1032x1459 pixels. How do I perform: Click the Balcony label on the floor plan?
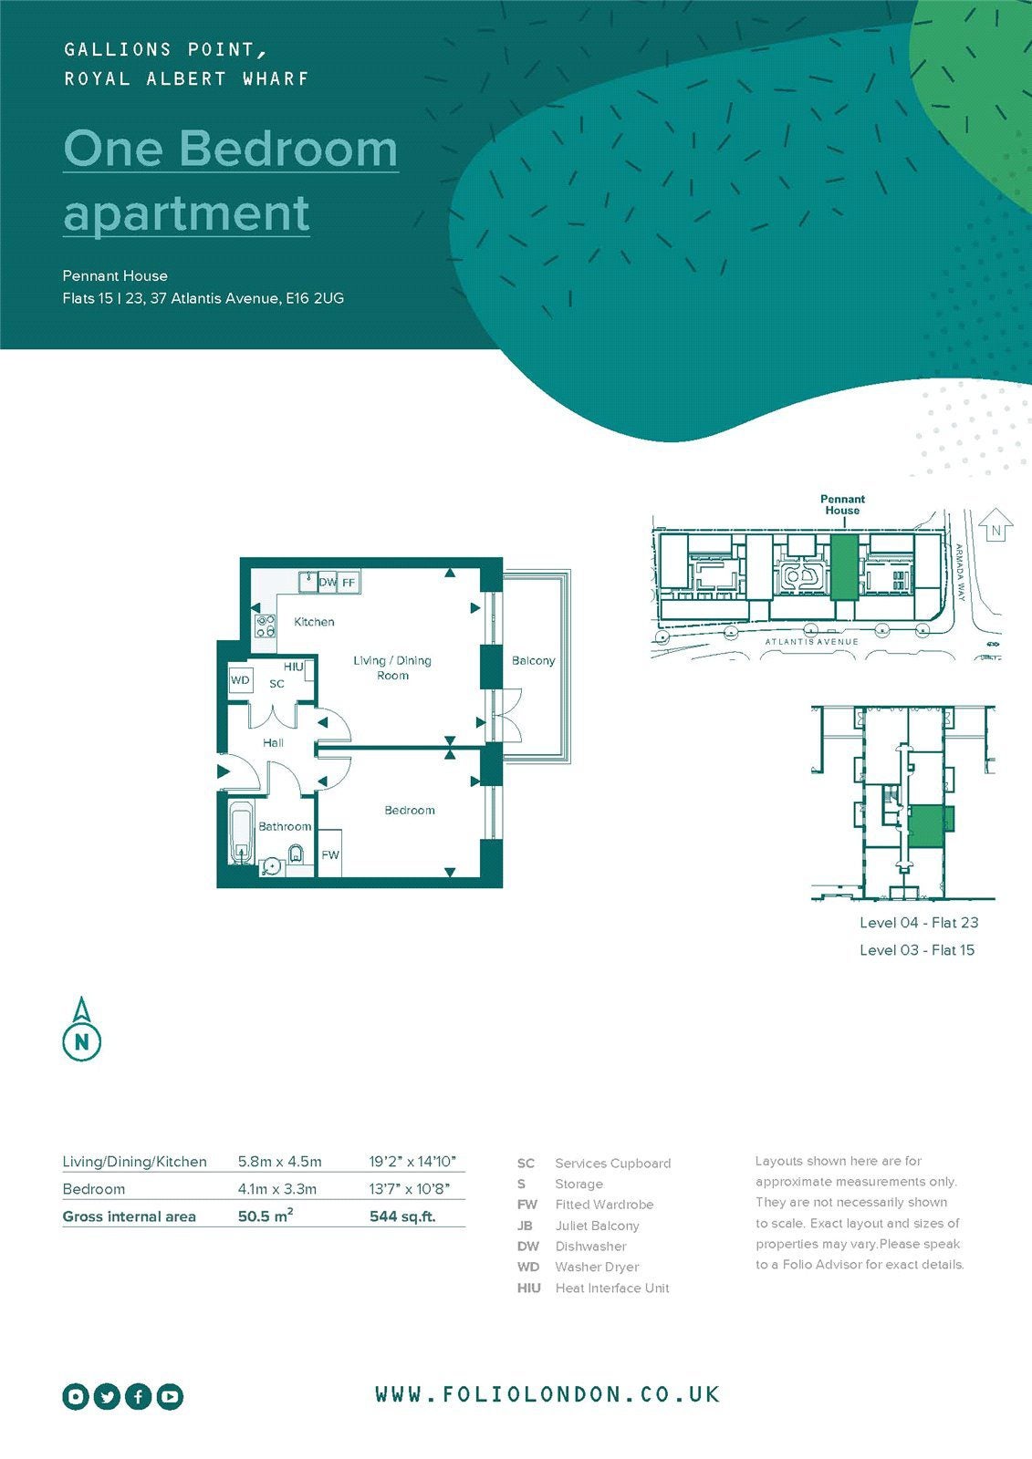click(533, 660)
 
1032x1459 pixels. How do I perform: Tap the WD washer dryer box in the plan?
click(240, 680)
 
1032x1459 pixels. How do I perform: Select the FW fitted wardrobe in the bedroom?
click(330, 854)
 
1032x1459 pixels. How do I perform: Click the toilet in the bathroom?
click(296, 854)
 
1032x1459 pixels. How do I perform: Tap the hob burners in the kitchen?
click(265, 626)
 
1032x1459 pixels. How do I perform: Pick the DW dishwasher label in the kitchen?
click(328, 582)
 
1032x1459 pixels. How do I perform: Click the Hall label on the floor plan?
click(273, 742)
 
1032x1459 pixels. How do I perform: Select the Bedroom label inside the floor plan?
click(410, 811)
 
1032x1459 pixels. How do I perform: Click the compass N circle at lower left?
click(81, 1042)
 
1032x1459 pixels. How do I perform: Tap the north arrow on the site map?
click(996, 525)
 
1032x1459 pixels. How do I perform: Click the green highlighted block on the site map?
click(844, 567)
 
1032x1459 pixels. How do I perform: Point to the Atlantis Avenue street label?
click(812, 642)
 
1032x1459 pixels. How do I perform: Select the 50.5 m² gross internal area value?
click(265, 1216)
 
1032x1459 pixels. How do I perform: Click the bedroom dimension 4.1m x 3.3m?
click(277, 1189)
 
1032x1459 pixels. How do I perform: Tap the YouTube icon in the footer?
click(170, 1396)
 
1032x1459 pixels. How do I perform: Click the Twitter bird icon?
click(107, 1396)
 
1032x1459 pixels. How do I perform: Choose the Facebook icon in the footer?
click(138, 1396)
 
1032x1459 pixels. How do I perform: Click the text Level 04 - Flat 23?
click(919, 922)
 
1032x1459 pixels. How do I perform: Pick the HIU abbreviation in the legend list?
click(528, 1288)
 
